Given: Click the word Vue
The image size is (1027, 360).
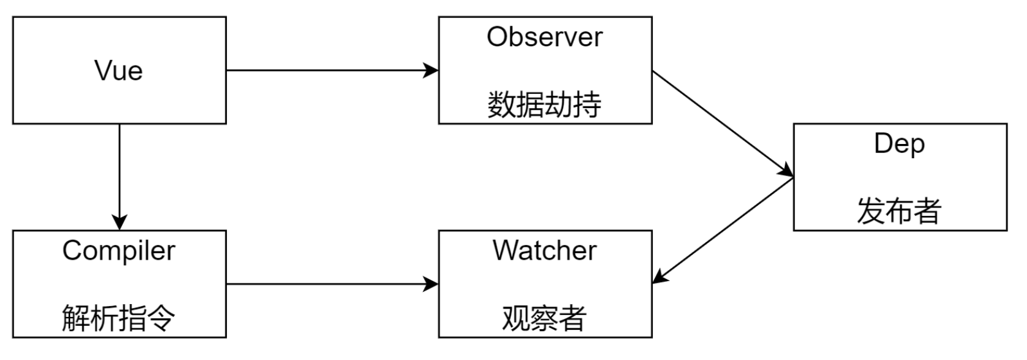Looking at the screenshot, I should tap(119, 71).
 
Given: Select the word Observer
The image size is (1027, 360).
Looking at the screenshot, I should tap(544, 37).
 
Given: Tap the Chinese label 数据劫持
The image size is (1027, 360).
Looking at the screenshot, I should tap(544, 105).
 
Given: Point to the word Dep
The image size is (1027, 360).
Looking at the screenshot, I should tap(899, 143).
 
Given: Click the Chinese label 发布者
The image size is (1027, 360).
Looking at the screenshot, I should tap(899, 211).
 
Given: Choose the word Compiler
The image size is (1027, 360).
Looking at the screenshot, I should tap(119, 251).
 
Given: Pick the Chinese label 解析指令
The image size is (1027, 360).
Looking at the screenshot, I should tap(119, 318).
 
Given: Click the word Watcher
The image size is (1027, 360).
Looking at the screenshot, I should tap(544, 251).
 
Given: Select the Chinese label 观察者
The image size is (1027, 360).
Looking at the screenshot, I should tap(544, 318).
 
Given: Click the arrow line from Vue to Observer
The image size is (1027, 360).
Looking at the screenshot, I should tap(328, 70).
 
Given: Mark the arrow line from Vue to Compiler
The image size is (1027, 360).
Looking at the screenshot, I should tap(120, 170).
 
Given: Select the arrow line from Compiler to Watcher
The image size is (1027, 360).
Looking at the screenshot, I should tap(328, 283).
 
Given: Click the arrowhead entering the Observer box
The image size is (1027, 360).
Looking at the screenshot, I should tap(432, 70).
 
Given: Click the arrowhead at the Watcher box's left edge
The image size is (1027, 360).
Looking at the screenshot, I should tap(432, 283).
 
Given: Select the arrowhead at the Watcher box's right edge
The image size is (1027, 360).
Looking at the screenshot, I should tap(659, 278).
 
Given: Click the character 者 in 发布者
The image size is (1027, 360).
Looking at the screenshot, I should tap(927, 211).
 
